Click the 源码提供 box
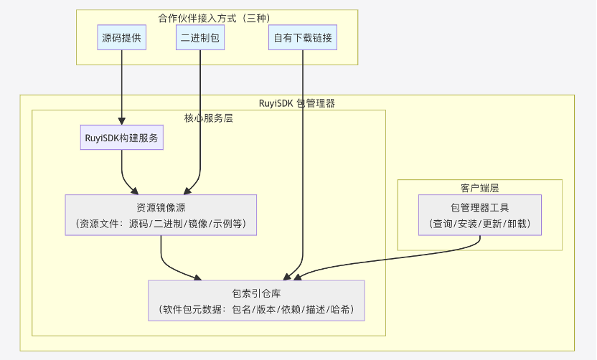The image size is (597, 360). point(122,38)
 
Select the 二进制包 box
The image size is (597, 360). point(200,38)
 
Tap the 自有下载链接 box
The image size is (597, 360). point(303,38)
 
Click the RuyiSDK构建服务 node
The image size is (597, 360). point(122,138)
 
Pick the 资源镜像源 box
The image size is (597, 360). point(161,215)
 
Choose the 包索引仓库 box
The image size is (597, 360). point(256,301)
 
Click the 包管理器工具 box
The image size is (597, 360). point(479,215)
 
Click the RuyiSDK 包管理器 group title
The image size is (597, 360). point(297,103)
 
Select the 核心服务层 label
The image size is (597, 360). point(209,118)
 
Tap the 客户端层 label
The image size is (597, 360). point(479,188)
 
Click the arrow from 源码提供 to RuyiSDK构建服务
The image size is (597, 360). point(122,86)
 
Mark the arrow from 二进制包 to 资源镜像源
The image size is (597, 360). point(200,115)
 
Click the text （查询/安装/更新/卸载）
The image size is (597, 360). point(479,224)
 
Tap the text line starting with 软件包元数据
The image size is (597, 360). point(256,310)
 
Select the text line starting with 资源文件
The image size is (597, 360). point(161,224)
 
